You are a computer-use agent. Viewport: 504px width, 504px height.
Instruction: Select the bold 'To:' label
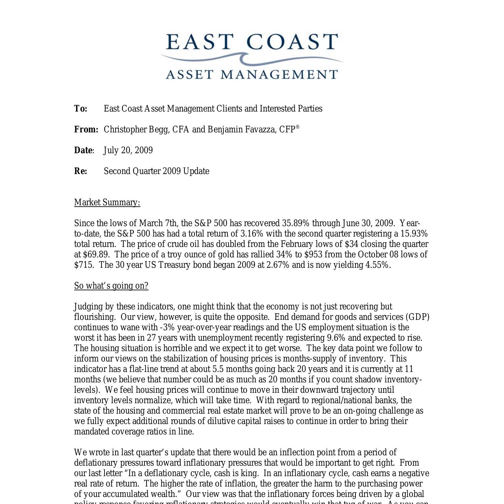(81, 109)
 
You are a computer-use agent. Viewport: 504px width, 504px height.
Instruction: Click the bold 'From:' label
(86, 129)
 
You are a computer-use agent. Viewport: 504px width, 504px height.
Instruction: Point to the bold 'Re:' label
(81, 171)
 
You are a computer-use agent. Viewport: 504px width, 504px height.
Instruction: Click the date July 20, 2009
(128, 150)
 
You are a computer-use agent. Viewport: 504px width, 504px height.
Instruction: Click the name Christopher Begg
(136, 129)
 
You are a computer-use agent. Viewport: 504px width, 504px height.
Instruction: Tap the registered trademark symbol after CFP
(297, 127)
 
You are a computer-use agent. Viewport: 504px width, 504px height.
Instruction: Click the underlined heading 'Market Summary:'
(107, 202)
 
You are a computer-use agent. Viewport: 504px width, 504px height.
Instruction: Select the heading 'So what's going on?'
(111, 286)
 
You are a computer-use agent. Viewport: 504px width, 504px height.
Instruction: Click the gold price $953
(313, 254)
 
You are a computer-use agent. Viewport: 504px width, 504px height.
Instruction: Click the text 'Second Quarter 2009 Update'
(156, 171)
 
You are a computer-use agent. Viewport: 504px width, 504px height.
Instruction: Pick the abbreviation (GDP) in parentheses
(417, 317)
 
